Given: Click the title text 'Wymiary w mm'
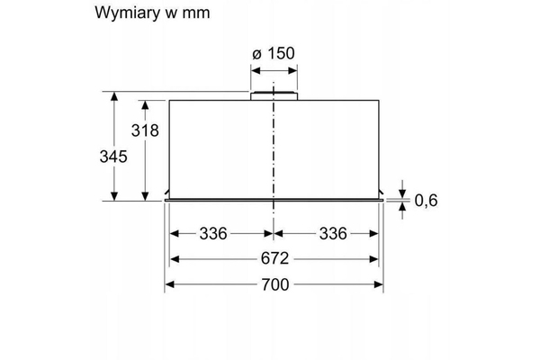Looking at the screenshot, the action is point(152,13).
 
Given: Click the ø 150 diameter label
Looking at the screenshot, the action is point(274,53).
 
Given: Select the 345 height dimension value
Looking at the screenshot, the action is point(113,157).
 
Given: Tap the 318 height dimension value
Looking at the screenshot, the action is point(145,130).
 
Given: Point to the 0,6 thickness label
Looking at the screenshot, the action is point(426,201).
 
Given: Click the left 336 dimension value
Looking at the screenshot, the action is point(213,234).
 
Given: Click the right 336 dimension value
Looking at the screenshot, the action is point(333,234).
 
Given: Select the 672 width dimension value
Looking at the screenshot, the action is point(274,258).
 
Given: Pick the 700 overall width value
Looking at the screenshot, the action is point(274,284).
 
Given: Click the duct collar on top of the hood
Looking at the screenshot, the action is point(274,96).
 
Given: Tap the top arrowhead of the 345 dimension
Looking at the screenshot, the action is point(114,96).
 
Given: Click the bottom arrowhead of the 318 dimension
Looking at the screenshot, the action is point(145,196).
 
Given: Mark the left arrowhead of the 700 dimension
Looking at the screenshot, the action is point(169,284).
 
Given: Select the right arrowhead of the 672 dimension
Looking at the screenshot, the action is point(374,258).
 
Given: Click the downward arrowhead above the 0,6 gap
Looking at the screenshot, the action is point(402,194).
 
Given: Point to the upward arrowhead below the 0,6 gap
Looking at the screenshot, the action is point(402,206).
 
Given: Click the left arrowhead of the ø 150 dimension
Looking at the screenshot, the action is point(256,71).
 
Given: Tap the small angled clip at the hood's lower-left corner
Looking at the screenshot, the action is point(166,192).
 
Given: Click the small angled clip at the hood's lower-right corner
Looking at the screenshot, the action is point(381,192).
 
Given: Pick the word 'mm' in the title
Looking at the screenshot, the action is point(196,13).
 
